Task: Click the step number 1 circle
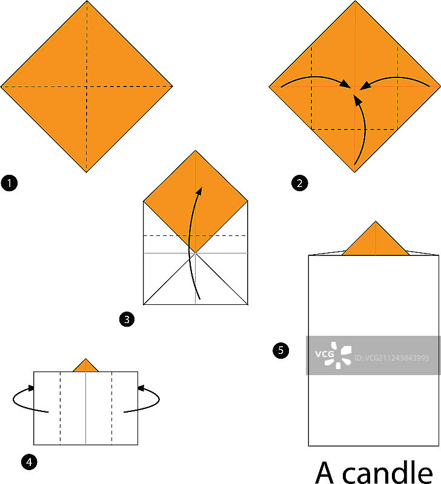tap(9, 183)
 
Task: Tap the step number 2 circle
tap(299, 183)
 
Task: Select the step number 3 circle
tap(127, 319)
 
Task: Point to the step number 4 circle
tap(29, 462)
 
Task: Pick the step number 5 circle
tap(280, 350)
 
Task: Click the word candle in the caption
tap(388, 473)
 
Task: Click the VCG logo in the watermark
tap(333, 355)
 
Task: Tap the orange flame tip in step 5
tap(376, 238)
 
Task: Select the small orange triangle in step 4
tap(85, 365)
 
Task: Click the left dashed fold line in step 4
tap(60, 408)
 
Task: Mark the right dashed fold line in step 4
tap(112, 408)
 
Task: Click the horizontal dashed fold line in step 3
tap(195, 236)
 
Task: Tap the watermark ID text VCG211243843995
tap(391, 358)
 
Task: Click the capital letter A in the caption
tap(325, 473)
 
